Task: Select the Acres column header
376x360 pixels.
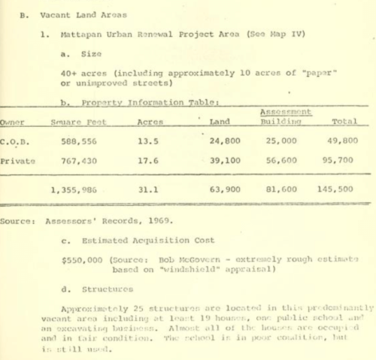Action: (150, 122)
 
